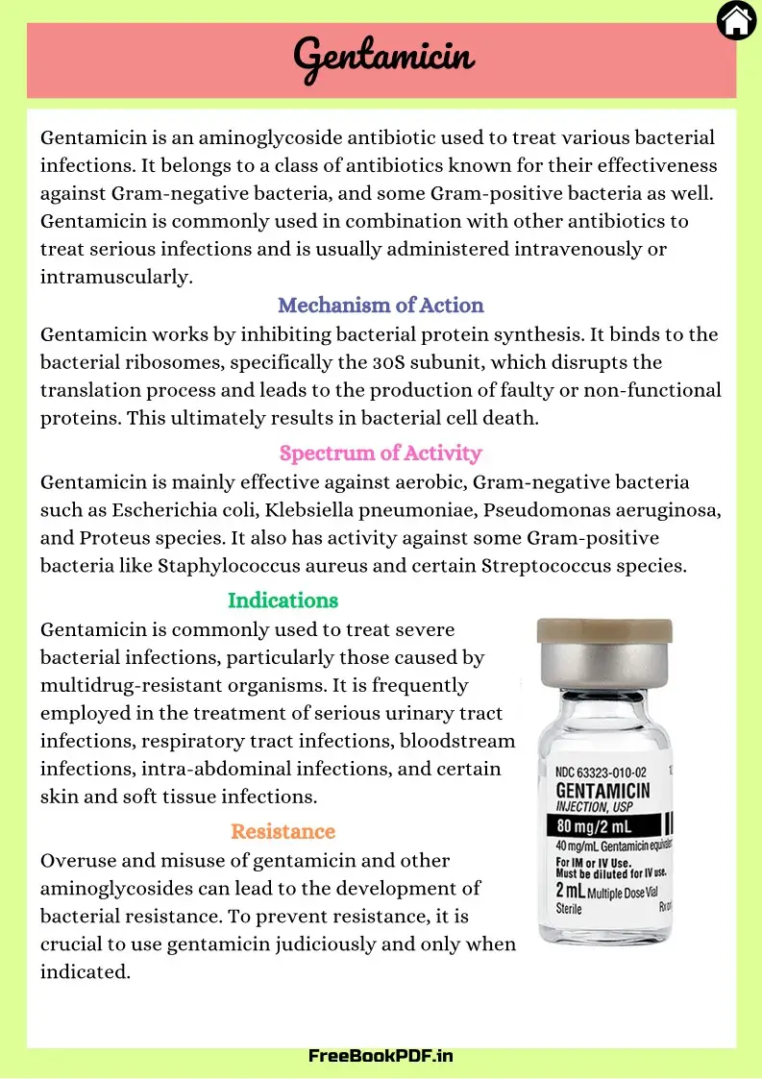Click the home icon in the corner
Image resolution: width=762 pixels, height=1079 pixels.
tap(736, 20)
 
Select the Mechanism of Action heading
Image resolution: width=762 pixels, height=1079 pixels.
tap(381, 306)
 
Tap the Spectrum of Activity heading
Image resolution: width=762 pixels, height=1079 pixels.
tap(381, 453)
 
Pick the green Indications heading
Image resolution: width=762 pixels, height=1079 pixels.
tap(283, 601)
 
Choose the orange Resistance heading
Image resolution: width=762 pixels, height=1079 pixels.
tap(283, 831)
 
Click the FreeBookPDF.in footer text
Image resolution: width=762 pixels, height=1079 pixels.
tap(381, 1055)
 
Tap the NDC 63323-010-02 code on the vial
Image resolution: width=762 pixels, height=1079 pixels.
tap(602, 772)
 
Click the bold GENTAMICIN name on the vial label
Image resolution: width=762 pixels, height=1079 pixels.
tap(603, 790)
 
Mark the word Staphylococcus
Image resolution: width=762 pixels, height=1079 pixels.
tap(218, 566)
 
